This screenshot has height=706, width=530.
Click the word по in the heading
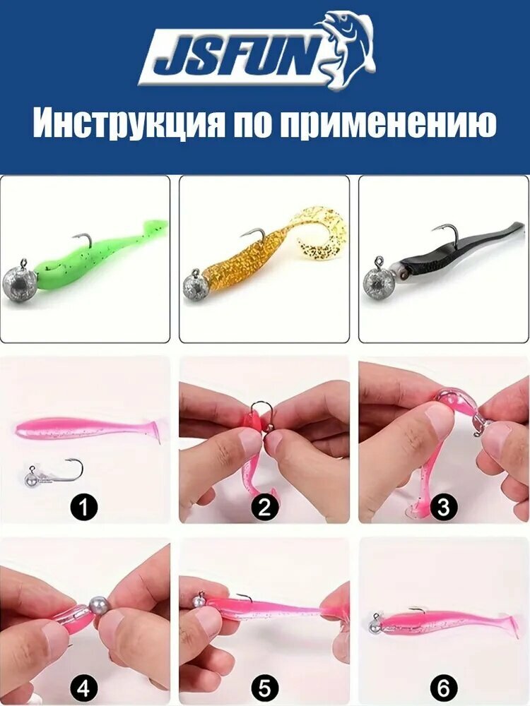click(252, 124)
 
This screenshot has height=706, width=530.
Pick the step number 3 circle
click(444, 507)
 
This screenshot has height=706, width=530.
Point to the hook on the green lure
click(84, 240)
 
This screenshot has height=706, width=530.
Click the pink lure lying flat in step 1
click(88, 429)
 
